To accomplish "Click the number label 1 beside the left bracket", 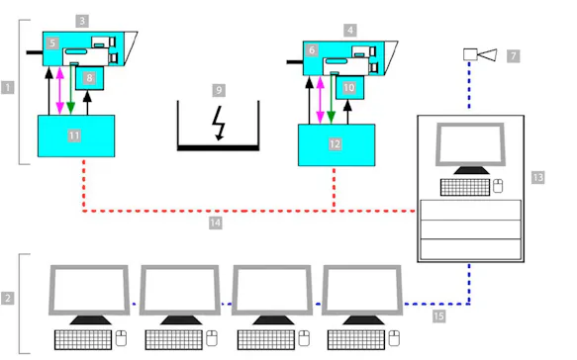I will [x=8, y=87].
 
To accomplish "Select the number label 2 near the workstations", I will [x=8, y=298].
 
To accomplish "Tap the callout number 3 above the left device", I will [x=81, y=20].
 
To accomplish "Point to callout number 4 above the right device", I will [x=349, y=30].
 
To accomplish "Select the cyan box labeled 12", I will [x=336, y=144].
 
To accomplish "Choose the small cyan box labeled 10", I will [x=349, y=88].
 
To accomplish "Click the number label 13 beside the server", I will [x=537, y=177].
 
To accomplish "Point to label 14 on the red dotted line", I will [x=214, y=224].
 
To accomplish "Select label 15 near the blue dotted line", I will [x=439, y=316].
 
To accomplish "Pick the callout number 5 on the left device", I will [x=51, y=45].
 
